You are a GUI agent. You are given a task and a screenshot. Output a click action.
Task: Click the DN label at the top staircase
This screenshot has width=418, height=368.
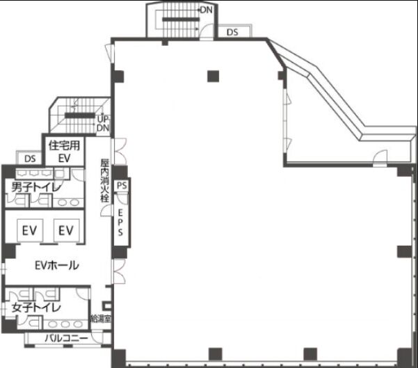(207, 10)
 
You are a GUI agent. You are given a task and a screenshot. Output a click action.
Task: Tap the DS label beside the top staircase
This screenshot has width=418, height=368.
(232, 32)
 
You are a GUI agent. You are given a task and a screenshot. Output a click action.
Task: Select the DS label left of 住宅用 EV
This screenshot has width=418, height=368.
(30, 159)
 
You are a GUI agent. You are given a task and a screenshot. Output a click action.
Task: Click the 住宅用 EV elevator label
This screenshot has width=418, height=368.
(64, 152)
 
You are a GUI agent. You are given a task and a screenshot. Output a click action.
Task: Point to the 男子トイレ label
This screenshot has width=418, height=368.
(37, 187)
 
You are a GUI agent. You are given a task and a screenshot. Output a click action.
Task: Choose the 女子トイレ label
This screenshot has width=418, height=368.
(37, 308)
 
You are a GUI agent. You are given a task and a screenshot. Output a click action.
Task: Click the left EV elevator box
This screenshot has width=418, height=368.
(30, 230)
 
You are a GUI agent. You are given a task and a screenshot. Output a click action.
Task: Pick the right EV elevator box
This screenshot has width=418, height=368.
(66, 230)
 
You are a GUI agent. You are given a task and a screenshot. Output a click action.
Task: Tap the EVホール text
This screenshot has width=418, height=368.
(57, 265)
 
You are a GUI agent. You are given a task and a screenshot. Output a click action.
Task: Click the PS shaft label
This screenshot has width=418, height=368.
(122, 185)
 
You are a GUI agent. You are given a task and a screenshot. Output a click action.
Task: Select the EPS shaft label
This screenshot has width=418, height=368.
(120, 223)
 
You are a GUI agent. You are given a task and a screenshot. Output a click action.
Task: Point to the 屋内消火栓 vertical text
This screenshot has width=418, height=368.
(105, 180)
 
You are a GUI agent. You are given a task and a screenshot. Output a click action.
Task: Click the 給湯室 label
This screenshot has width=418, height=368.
(101, 319)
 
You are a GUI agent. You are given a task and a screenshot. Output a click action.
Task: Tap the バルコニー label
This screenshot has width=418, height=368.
(66, 338)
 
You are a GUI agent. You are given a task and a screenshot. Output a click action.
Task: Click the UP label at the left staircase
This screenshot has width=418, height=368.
(103, 119)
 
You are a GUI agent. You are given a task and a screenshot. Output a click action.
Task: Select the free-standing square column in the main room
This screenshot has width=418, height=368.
(214, 76)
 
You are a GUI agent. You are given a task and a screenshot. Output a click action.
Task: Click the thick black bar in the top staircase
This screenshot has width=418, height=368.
(181, 19)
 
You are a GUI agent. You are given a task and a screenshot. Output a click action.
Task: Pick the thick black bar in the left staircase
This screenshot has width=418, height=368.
(80, 115)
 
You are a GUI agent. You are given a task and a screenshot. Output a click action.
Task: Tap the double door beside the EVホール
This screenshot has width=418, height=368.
(119, 271)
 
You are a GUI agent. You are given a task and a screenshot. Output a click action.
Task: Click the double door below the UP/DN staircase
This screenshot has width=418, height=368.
(119, 151)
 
